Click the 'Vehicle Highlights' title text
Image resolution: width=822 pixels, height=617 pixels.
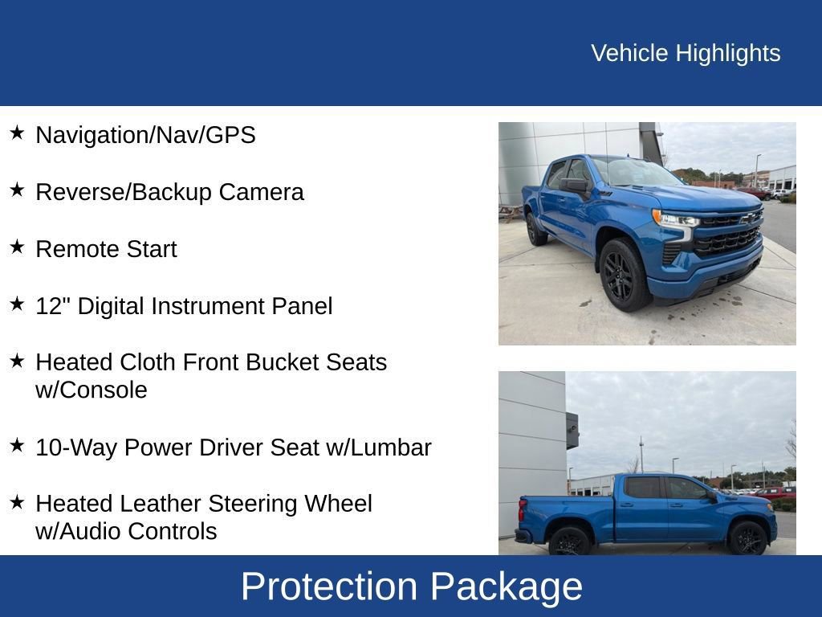click(686, 53)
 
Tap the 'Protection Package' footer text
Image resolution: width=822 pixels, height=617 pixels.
click(411, 586)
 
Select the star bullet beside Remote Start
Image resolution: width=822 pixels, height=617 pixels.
click(17, 247)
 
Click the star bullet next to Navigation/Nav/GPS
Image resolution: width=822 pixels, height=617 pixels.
click(17, 133)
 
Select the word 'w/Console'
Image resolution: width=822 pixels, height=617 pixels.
click(92, 390)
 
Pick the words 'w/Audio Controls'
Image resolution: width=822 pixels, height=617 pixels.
click(126, 532)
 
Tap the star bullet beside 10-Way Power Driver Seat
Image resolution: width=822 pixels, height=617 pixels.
click(17, 445)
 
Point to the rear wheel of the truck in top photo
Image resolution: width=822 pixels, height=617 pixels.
click(535, 228)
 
